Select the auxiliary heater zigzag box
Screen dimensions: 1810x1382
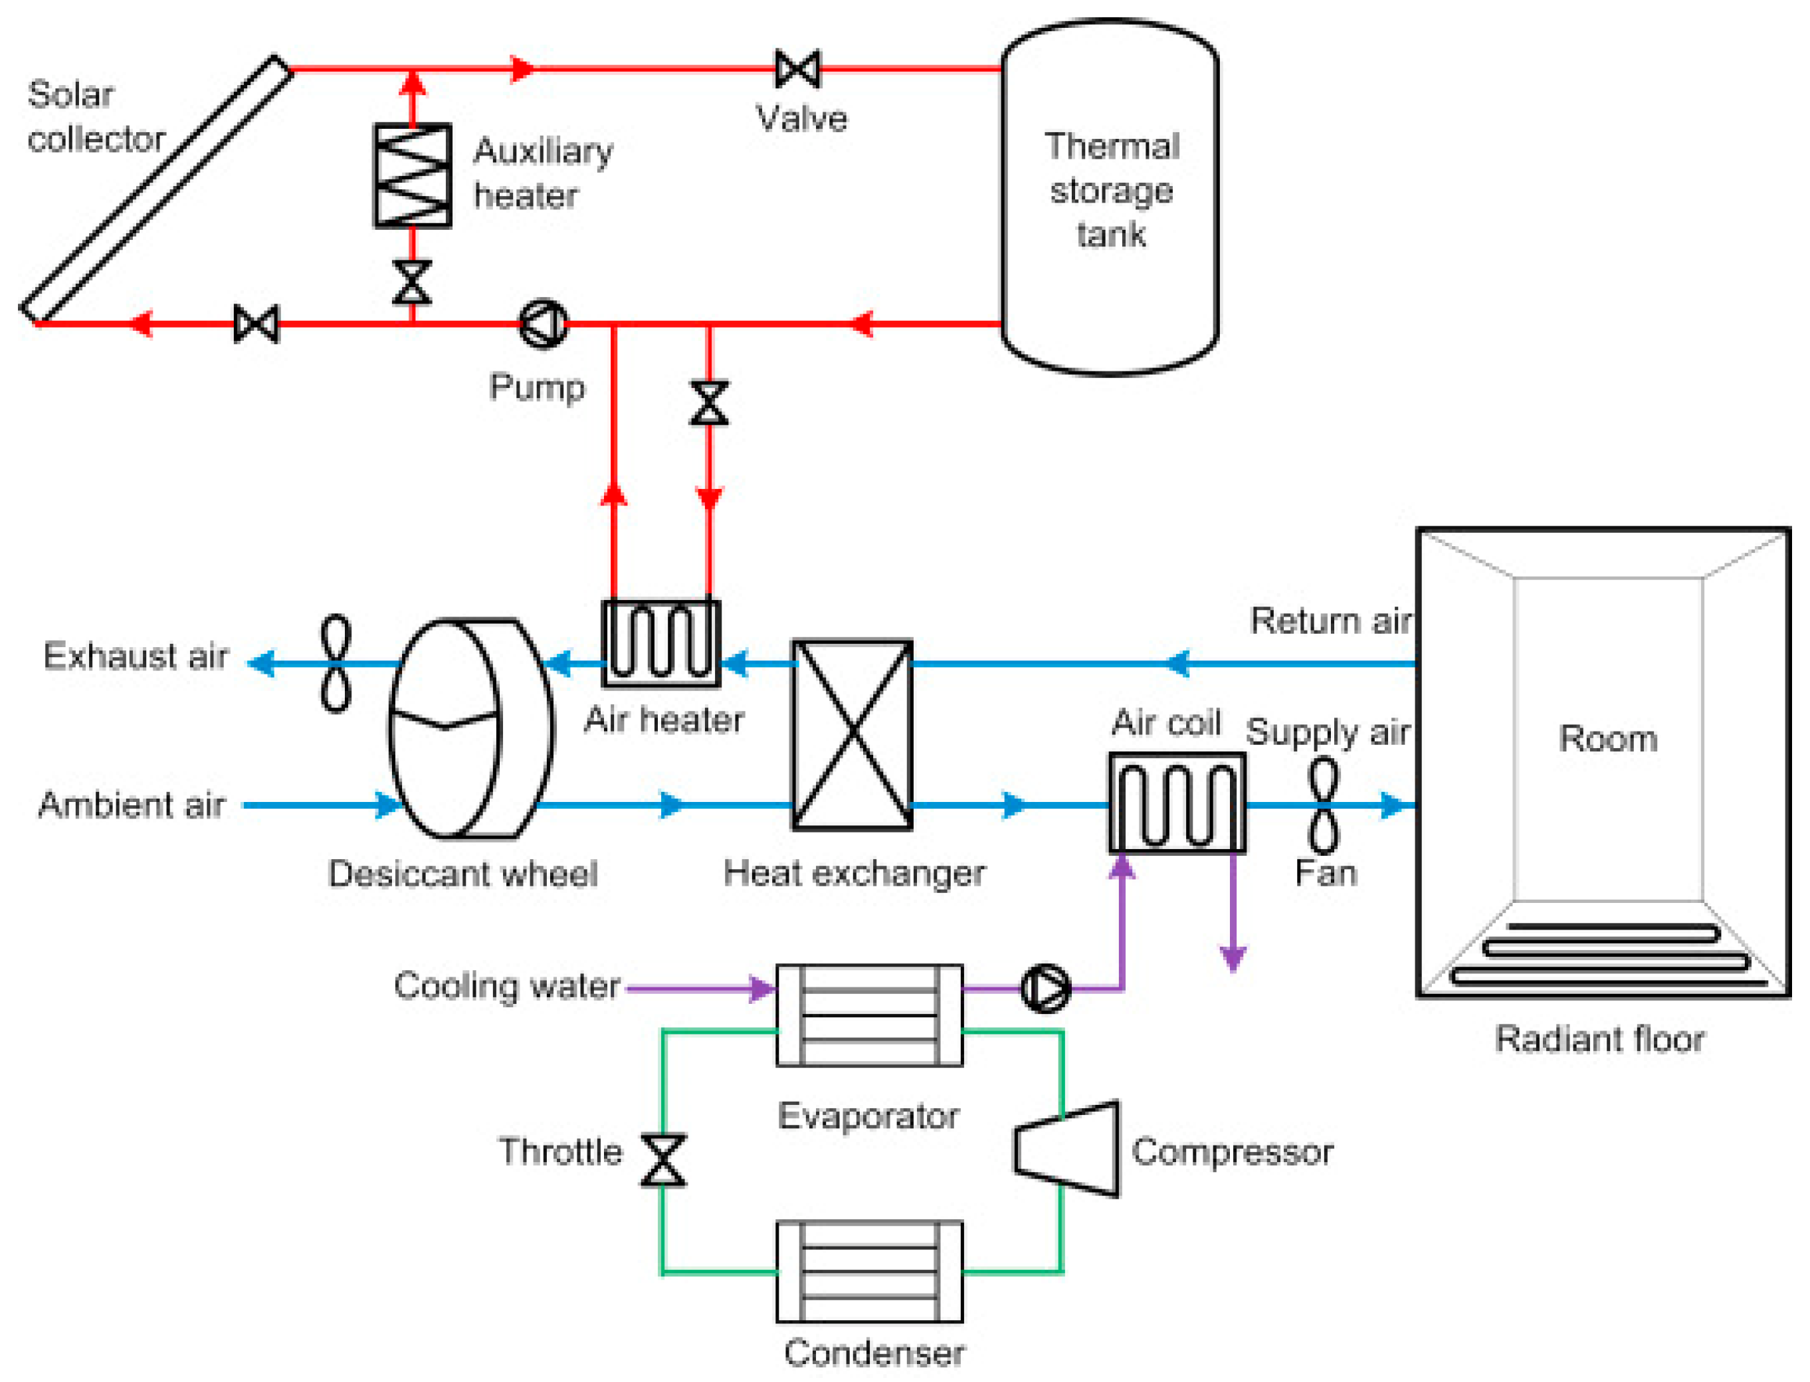pyautogui.click(x=412, y=175)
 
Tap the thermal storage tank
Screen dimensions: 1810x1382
pyautogui.click(x=1110, y=197)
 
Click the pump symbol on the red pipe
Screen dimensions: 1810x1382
pyautogui.click(x=543, y=324)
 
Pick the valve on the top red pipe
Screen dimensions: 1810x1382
pyautogui.click(x=797, y=69)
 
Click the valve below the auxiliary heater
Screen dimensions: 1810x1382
pyautogui.click(x=412, y=282)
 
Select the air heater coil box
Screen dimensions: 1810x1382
pyautogui.click(x=660, y=643)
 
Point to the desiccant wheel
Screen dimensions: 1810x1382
pyautogui.click(x=470, y=728)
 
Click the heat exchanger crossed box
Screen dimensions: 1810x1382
pyautogui.click(x=853, y=735)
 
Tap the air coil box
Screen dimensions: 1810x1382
pyautogui.click(x=1177, y=802)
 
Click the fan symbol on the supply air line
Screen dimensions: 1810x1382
pyautogui.click(x=1323, y=805)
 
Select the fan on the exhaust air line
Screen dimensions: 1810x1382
pyautogui.click(x=336, y=663)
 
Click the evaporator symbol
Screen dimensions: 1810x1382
pyautogui.click(x=869, y=1015)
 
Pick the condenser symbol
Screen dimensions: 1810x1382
pyautogui.click(x=869, y=1272)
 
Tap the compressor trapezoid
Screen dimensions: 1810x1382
pyautogui.click(x=1066, y=1148)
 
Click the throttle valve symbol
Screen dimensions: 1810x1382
pyautogui.click(x=663, y=1161)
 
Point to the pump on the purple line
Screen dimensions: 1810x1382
pyautogui.click(x=1046, y=988)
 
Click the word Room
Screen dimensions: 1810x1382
pyautogui.click(x=1607, y=739)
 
